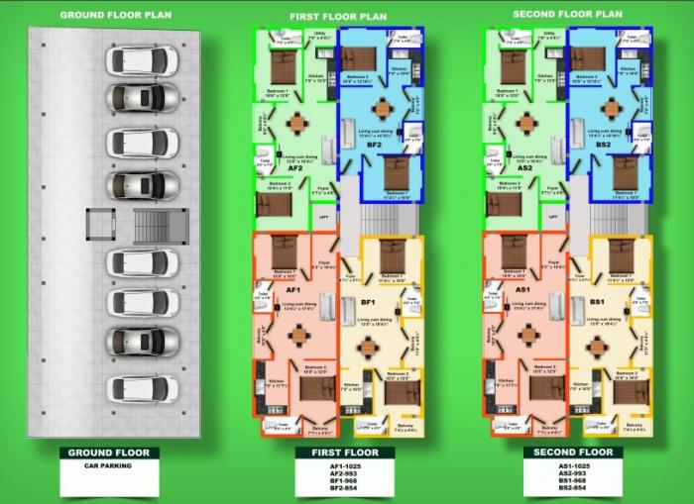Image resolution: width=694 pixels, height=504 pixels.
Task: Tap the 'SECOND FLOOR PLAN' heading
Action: pos(568,14)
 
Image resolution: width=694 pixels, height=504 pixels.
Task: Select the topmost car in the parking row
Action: pos(142,59)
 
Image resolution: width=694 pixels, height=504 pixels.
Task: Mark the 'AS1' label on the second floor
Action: pos(522,288)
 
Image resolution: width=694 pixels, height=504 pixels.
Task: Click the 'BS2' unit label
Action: pos(604,146)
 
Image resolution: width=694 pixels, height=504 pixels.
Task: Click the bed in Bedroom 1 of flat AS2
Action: pos(514,67)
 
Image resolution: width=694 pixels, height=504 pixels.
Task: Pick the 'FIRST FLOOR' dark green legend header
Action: pos(338,453)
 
